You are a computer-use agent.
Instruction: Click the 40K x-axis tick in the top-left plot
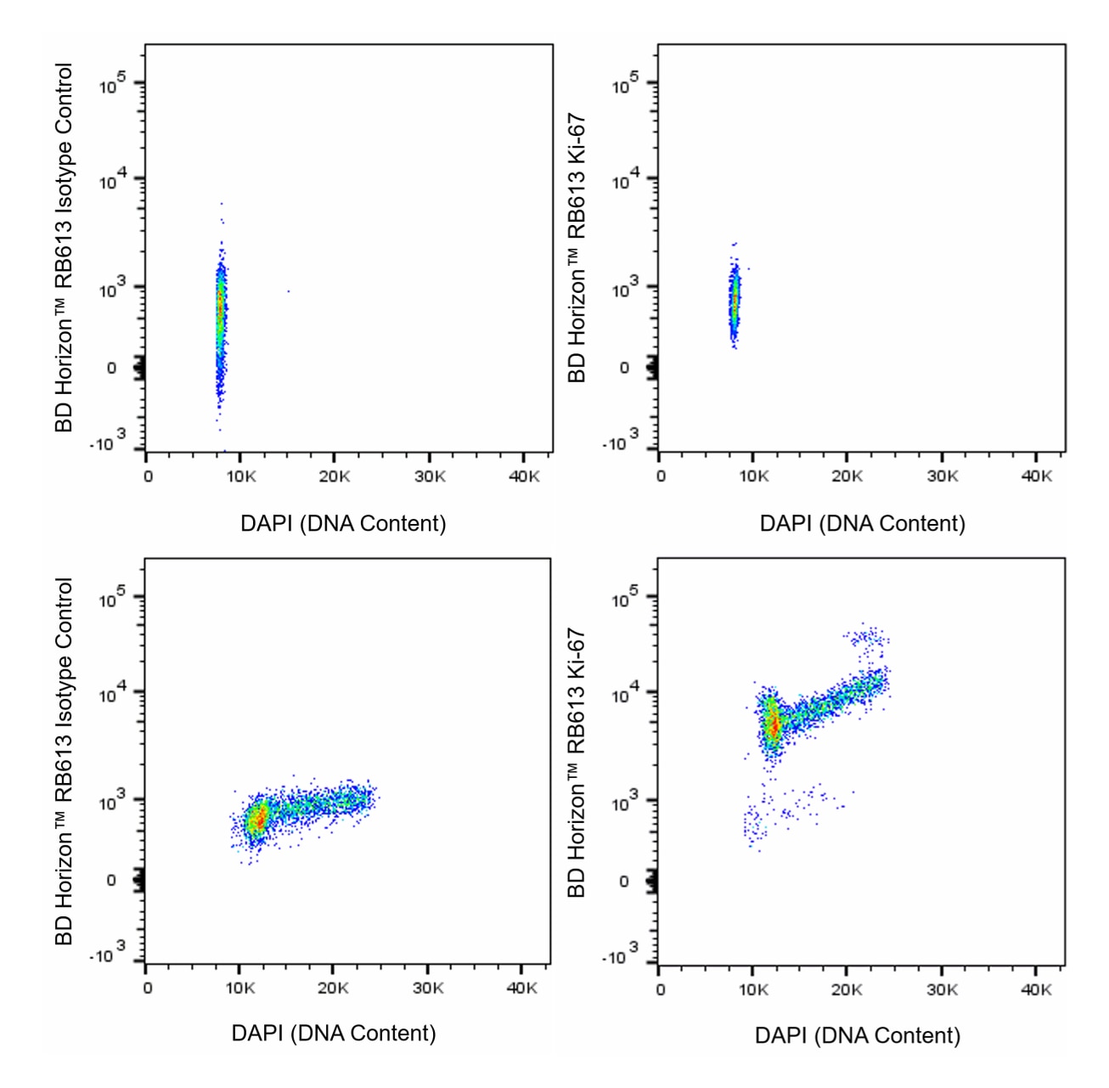(x=524, y=476)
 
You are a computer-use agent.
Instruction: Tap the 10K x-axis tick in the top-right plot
(x=753, y=476)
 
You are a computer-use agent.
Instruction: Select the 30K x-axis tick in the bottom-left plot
(x=428, y=989)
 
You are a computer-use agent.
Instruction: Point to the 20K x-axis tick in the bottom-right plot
(x=847, y=989)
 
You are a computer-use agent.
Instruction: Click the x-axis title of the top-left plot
(x=343, y=523)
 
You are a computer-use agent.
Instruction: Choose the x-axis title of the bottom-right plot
(x=858, y=1035)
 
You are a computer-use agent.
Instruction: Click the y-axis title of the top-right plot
(x=577, y=248)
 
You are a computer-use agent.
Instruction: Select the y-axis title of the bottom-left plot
(x=64, y=761)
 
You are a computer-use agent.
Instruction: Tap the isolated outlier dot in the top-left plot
(x=288, y=291)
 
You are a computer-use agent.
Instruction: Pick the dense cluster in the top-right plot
(x=735, y=299)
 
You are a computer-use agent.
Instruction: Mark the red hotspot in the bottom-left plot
(x=256, y=820)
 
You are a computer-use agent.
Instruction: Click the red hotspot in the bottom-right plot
(x=773, y=726)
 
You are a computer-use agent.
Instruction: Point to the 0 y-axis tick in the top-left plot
(x=111, y=369)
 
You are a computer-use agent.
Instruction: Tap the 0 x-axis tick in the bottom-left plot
(x=148, y=989)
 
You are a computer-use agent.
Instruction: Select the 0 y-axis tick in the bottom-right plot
(x=624, y=882)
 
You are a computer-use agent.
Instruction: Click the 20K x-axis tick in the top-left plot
(x=334, y=476)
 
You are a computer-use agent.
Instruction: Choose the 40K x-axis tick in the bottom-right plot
(x=1036, y=989)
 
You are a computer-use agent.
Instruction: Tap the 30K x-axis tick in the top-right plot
(x=943, y=476)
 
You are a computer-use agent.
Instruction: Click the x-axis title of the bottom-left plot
(x=334, y=1033)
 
